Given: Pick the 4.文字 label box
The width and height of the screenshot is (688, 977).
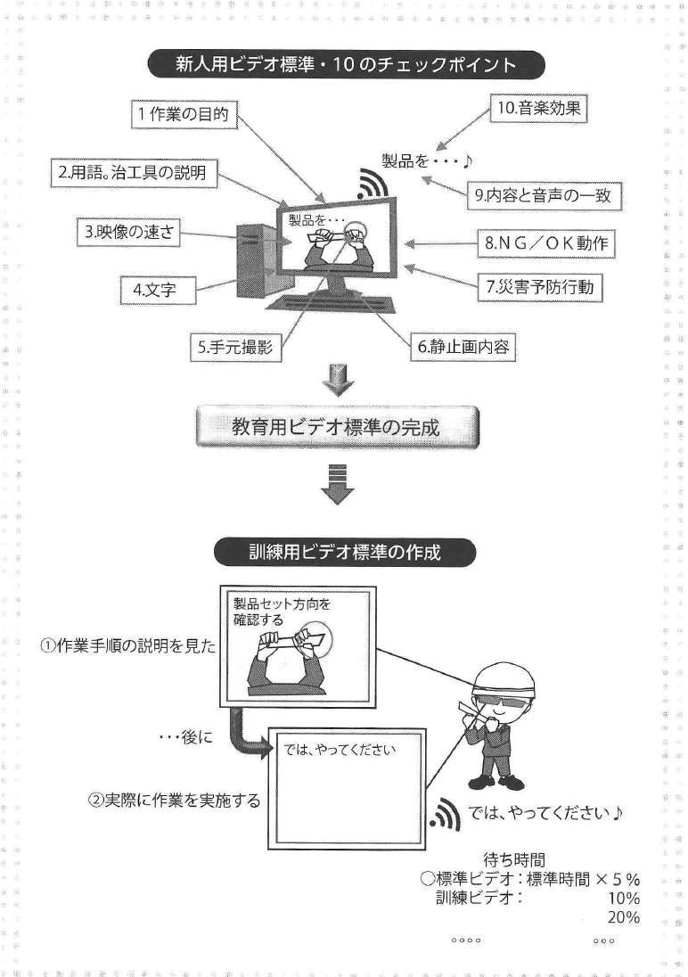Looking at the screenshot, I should coord(158,290).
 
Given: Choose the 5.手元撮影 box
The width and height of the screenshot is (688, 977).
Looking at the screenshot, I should coord(234,348).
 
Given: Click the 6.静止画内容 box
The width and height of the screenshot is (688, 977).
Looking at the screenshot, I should coord(463,347).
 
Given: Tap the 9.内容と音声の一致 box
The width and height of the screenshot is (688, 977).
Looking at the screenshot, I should coord(544,196).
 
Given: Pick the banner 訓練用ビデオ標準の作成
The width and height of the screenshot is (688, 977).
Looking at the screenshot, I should coord(345,552).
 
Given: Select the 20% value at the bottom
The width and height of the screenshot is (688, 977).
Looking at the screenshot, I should coord(623,918).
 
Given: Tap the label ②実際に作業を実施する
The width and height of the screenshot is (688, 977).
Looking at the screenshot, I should coord(174,800).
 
